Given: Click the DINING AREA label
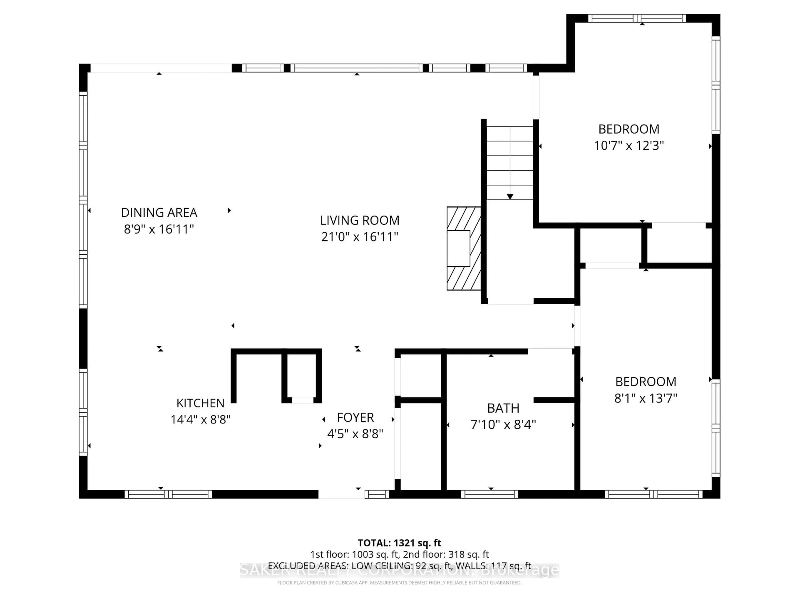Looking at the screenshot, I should (159, 213).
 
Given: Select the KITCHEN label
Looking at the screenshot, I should (200, 403).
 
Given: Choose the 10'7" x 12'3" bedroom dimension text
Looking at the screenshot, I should (629, 146).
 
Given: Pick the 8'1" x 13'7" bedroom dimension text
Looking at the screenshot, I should (645, 398).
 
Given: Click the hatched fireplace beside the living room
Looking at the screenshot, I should (463, 248).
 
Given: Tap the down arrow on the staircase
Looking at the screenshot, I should (510, 196).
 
